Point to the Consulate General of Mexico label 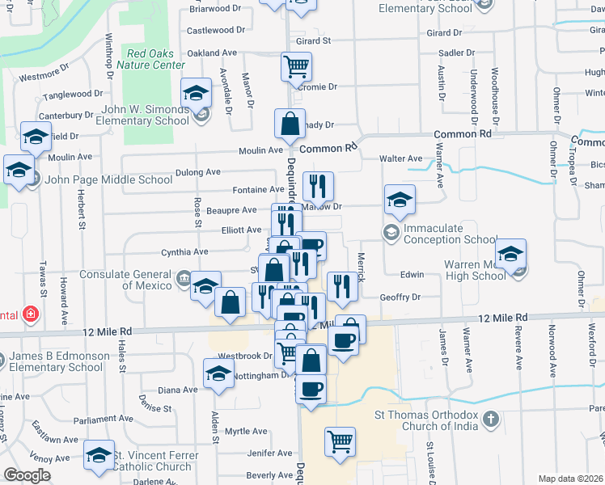pos(125,280)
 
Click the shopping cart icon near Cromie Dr pos(297,66)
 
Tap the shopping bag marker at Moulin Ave pos(290,124)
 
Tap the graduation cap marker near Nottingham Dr pos(218,374)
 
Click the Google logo pos(27,475)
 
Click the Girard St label pos(314,40)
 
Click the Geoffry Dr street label pos(401,297)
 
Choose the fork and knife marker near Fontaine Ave pos(318,187)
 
